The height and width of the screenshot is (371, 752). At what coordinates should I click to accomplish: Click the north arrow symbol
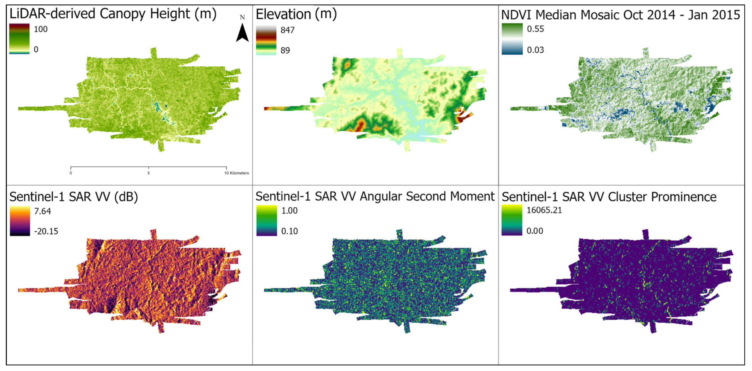(x=242, y=33)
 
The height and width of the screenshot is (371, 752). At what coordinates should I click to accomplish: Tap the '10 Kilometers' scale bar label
(x=236, y=173)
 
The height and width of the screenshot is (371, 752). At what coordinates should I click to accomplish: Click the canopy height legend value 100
(x=40, y=29)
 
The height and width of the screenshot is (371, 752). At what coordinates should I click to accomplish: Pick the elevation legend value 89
(x=285, y=50)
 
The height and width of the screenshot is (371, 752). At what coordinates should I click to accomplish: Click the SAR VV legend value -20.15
(x=46, y=231)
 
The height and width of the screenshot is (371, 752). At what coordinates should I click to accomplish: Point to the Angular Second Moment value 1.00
(x=289, y=211)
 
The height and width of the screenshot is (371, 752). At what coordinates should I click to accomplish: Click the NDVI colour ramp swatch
(x=512, y=39)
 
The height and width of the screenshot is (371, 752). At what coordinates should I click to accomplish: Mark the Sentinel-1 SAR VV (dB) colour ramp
(x=20, y=221)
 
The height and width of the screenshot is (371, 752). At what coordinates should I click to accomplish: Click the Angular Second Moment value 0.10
(x=289, y=231)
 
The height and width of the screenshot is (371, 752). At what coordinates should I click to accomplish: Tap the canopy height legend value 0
(x=36, y=49)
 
